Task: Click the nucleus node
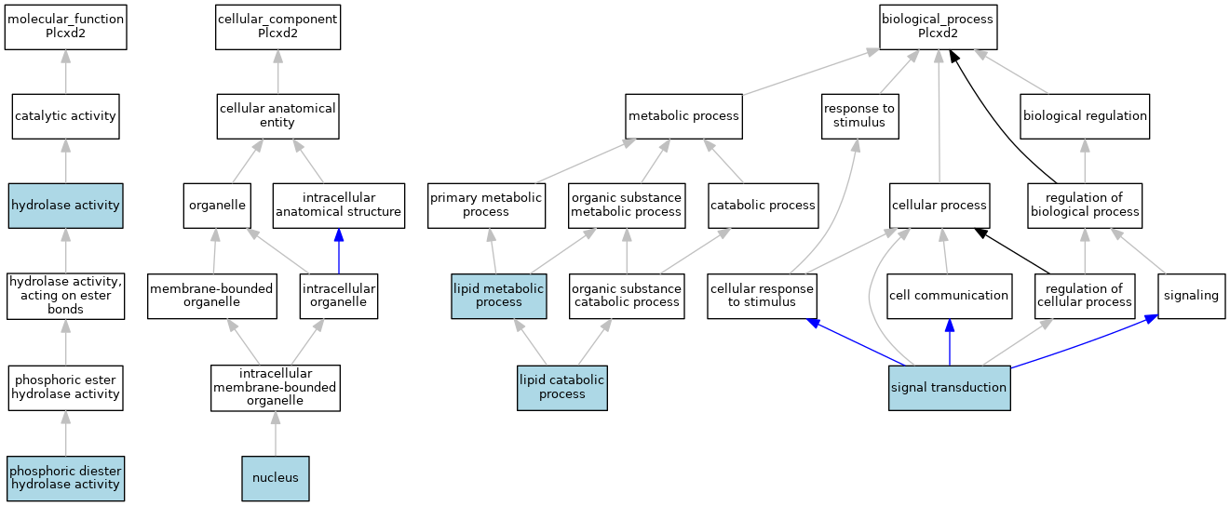pyautogui.click(x=275, y=478)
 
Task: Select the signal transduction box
pyautogui.click(x=949, y=387)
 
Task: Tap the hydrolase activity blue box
pyautogui.click(x=65, y=206)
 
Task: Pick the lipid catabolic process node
pyautogui.click(x=561, y=387)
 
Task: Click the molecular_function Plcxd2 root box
pyautogui.click(x=65, y=26)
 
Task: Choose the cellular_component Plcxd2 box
pyautogui.click(x=277, y=26)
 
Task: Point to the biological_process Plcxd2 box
pyautogui.click(x=938, y=26)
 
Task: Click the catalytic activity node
pyautogui.click(x=65, y=116)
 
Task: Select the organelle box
pyautogui.click(x=215, y=206)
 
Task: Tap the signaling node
pyautogui.click(x=1191, y=296)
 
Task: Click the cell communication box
pyautogui.click(x=949, y=296)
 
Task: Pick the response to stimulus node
pyautogui.click(x=859, y=116)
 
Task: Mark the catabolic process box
pyautogui.click(x=763, y=206)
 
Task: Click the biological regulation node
pyautogui.click(x=1085, y=116)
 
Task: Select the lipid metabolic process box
pyautogui.click(x=498, y=296)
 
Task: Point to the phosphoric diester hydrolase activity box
pyautogui.click(x=65, y=478)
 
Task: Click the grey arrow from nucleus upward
pyautogui.click(x=275, y=433)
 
